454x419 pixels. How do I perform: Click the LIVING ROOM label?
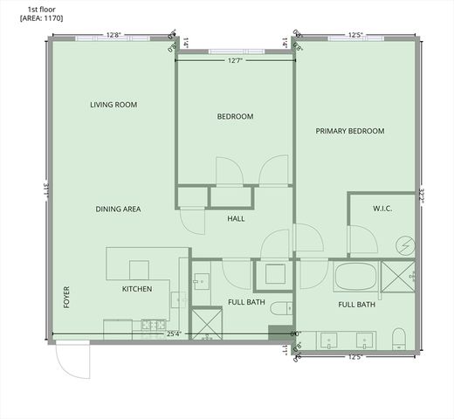pyautogui.click(x=113, y=105)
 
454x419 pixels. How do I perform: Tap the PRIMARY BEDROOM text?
pyautogui.click(x=349, y=131)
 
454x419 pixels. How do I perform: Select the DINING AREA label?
pyautogui.click(x=119, y=209)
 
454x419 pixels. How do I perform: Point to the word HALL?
pyautogui.click(x=236, y=218)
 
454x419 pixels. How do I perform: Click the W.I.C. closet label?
pyautogui.click(x=382, y=209)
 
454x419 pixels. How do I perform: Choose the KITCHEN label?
pyautogui.click(x=137, y=289)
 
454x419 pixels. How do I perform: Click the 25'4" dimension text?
pyautogui.click(x=174, y=333)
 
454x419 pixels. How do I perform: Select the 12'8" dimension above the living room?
pyautogui.click(x=113, y=36)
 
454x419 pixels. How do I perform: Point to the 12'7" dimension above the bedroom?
pyautogui.click(x=235, y=61)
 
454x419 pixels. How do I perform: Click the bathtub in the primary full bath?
pyautogui.click(x=355, y=278)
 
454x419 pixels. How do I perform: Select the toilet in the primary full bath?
pyautogui.click(x=399, y=338)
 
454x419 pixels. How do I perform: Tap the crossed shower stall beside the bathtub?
pyautogui.click(x=398, y=277)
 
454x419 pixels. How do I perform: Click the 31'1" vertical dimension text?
pyautogui.click(x=44, y=188)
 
